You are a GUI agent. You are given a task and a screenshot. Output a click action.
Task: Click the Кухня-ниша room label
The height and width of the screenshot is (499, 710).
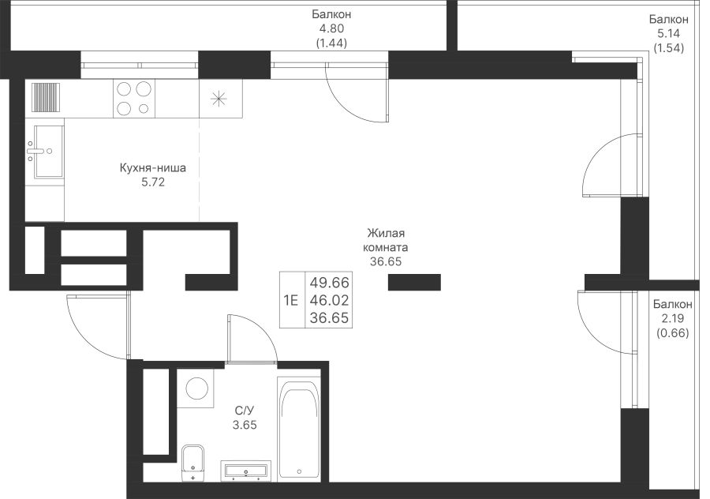point(152,168)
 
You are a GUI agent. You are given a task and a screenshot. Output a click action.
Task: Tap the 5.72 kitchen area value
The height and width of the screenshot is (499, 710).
point(152,182)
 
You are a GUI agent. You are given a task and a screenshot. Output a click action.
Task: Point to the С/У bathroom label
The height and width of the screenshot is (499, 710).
point(245,411)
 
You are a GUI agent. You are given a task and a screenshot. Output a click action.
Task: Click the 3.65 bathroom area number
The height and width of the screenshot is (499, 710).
point(245,425)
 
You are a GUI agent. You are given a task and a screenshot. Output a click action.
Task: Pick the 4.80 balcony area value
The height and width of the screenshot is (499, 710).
point(331,29)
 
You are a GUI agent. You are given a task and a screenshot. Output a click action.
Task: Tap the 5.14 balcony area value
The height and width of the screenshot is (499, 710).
point(668,34)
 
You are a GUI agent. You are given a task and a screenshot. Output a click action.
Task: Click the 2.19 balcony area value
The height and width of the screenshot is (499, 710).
point(672,319)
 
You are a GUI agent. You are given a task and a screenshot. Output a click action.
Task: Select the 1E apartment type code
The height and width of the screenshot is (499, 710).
point(290,300)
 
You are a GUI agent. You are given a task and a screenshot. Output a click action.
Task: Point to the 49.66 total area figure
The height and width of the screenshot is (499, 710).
point(329,283)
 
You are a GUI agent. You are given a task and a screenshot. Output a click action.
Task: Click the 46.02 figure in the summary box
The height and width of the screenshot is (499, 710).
point(329,300)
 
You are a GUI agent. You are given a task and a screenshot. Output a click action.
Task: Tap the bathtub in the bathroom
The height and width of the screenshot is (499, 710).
point(298,429)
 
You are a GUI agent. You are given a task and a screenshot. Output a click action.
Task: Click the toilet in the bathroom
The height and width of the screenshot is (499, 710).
point(193,463)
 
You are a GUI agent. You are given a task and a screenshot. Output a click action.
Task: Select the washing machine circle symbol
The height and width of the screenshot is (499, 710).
point(196,388)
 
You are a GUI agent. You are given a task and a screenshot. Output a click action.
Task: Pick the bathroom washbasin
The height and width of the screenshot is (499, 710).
point(246,470)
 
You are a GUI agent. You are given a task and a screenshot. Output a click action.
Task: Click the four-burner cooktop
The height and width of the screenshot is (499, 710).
point(133,99)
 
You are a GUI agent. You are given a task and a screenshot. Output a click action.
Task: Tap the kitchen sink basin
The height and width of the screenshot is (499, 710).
point(44,151)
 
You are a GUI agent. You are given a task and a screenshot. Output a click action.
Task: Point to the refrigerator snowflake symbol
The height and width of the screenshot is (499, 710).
point(219,99)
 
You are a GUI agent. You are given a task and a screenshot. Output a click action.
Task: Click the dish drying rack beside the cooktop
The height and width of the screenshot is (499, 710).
point(45,97)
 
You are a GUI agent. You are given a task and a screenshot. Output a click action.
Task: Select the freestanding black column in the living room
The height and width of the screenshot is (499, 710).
point(414,282)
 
